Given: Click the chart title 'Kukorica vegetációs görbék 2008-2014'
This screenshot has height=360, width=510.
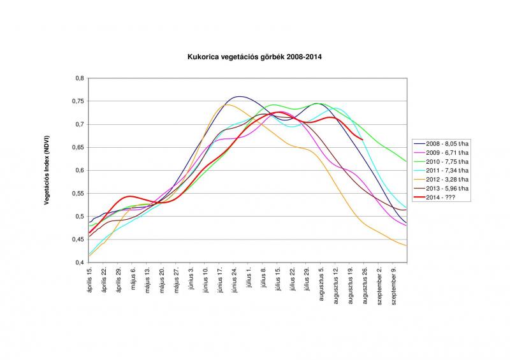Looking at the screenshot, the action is (x=254, y=57).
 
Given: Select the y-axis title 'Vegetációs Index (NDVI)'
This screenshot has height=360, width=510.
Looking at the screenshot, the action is (x=47, y=170).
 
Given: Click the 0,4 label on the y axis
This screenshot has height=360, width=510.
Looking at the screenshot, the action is (x=80, y=263).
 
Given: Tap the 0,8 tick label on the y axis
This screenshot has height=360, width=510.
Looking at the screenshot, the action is (x=80, y=78).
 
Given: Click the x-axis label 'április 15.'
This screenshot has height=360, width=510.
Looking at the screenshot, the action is (x=90, y=280).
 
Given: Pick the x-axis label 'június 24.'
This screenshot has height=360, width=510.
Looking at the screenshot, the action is (x=235, y=280).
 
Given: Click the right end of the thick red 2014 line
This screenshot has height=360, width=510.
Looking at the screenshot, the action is (x=363, y=140).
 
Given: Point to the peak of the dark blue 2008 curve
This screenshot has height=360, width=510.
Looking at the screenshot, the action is (x=239, y=96).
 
